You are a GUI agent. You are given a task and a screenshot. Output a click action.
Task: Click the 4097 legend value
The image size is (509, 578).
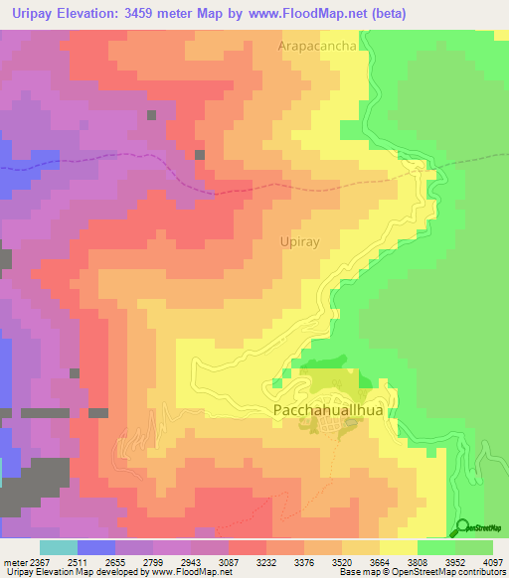point(495,561)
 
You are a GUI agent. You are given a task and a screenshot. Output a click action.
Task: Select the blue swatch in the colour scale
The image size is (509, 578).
point(96,547)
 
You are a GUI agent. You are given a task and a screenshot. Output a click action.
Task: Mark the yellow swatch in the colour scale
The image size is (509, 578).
point(399,547)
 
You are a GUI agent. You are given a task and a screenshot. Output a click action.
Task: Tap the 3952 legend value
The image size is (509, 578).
point(458,561)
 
